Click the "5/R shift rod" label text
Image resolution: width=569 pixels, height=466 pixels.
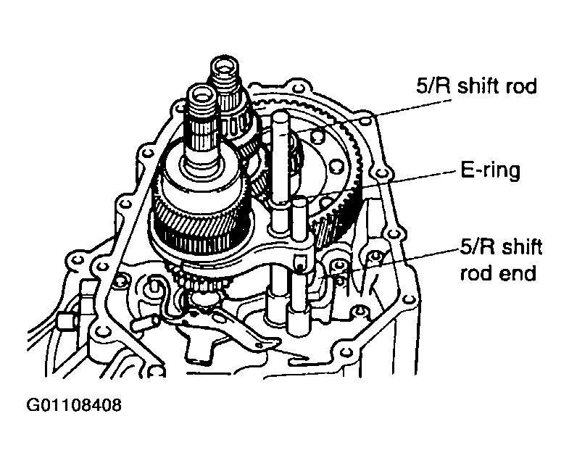(476, 86)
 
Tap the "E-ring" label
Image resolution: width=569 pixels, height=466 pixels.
(490, 170)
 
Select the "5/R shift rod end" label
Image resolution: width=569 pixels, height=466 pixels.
(501, 260)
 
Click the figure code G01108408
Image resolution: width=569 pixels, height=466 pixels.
(74, 405)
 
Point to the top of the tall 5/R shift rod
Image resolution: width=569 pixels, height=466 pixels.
(281, 117)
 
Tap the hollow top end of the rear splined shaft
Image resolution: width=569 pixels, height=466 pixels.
(225, 67)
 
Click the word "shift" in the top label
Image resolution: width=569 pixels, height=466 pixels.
(480, 86)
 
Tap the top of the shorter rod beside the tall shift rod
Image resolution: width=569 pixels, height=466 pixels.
(299, 201)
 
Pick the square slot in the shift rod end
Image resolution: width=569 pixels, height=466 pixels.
(299, 261)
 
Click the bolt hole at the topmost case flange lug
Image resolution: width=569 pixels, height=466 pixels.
(298, 88)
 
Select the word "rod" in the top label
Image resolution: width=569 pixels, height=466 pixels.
(522, 86)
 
